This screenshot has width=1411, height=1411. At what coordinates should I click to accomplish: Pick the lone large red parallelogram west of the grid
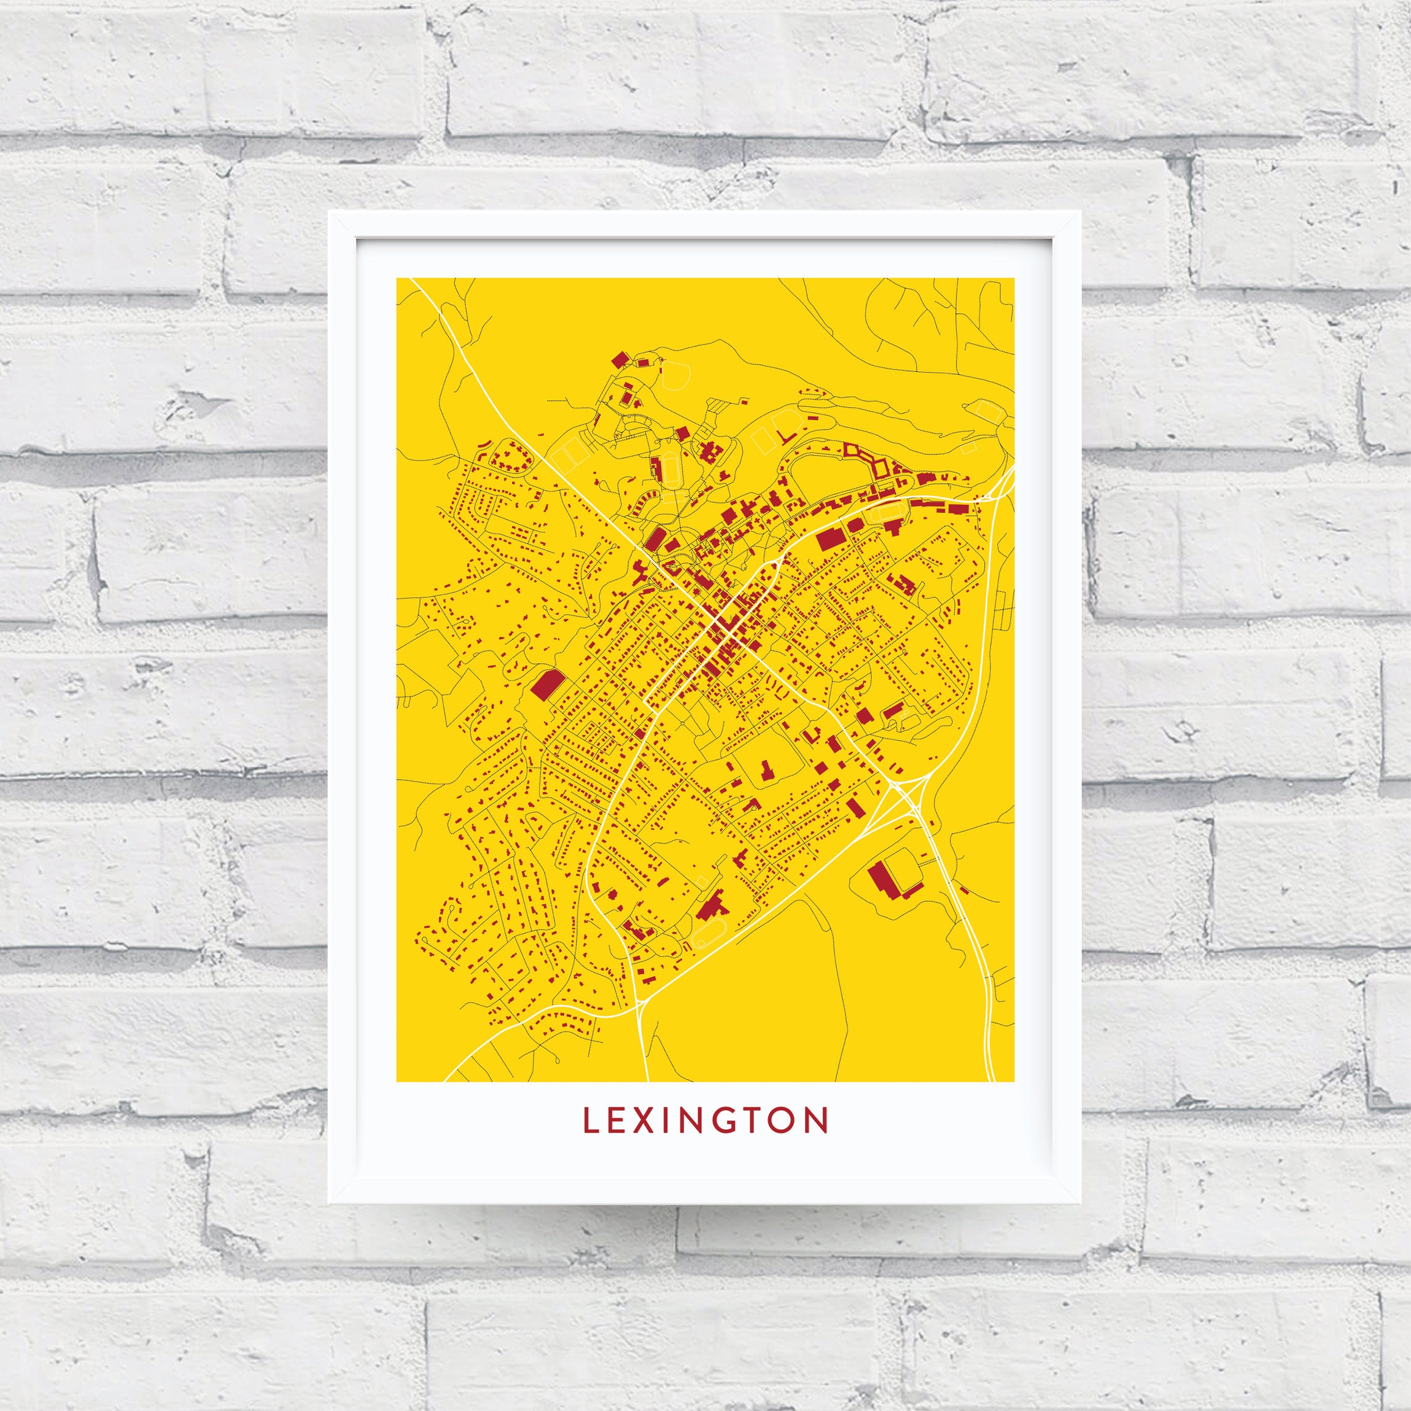546,686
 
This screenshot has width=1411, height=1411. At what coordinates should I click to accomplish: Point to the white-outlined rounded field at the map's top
675,376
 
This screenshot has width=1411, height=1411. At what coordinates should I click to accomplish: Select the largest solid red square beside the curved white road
830,539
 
